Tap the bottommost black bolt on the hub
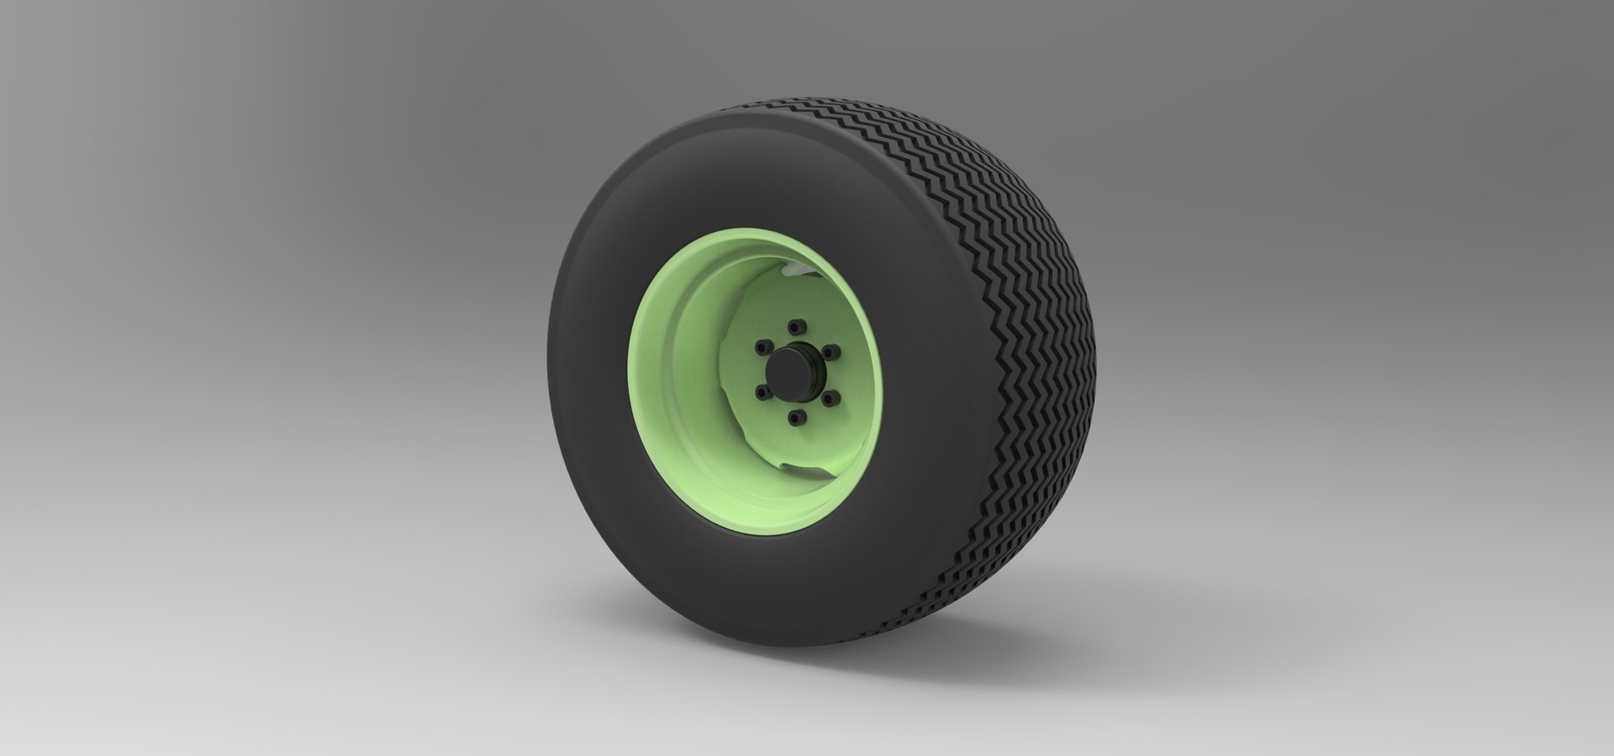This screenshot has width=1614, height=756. click(799, 415)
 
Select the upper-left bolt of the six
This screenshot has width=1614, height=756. click(762, 346)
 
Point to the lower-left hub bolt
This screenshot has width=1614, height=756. click(762, 390)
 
